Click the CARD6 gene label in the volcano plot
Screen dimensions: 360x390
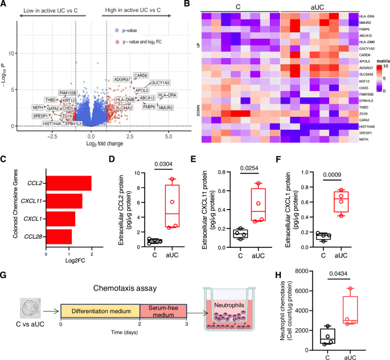(141, 76)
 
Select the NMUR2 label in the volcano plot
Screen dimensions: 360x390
(166, 107)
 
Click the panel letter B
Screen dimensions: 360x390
(203, 5)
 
